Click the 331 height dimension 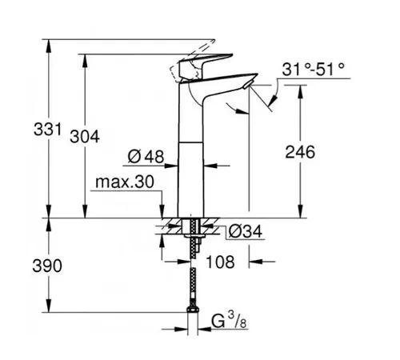47,130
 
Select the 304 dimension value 85,137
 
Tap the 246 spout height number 300,152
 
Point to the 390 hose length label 47,266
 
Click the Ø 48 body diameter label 146,157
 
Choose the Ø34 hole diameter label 246,231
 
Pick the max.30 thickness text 125,182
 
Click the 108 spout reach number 221,262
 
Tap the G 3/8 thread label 229,320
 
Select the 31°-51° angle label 314,70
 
